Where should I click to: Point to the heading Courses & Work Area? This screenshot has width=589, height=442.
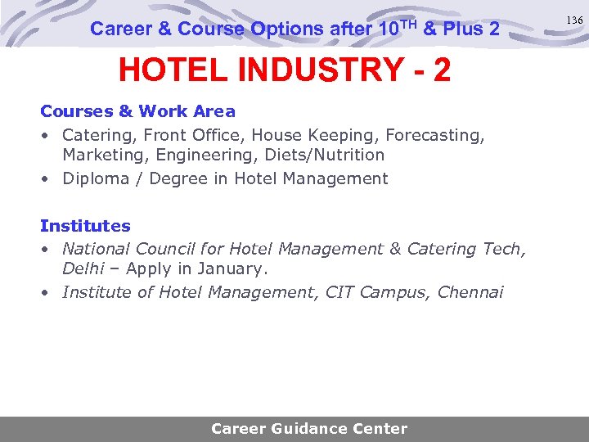(137, 111)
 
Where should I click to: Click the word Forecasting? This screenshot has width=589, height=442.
(433, 134)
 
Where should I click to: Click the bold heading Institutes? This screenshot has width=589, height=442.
(85, 226)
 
